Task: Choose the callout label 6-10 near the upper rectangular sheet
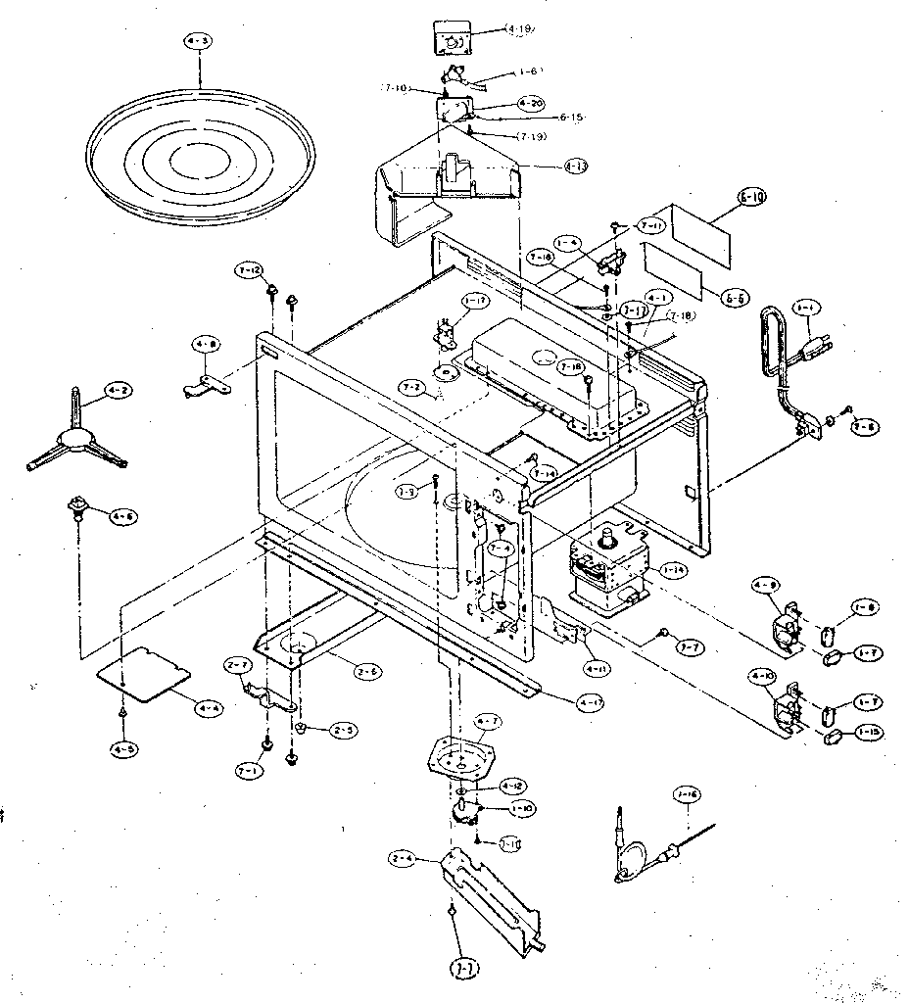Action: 752,197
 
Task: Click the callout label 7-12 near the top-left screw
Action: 249,269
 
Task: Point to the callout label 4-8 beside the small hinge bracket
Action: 205,345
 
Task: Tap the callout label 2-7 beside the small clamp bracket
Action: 236,666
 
